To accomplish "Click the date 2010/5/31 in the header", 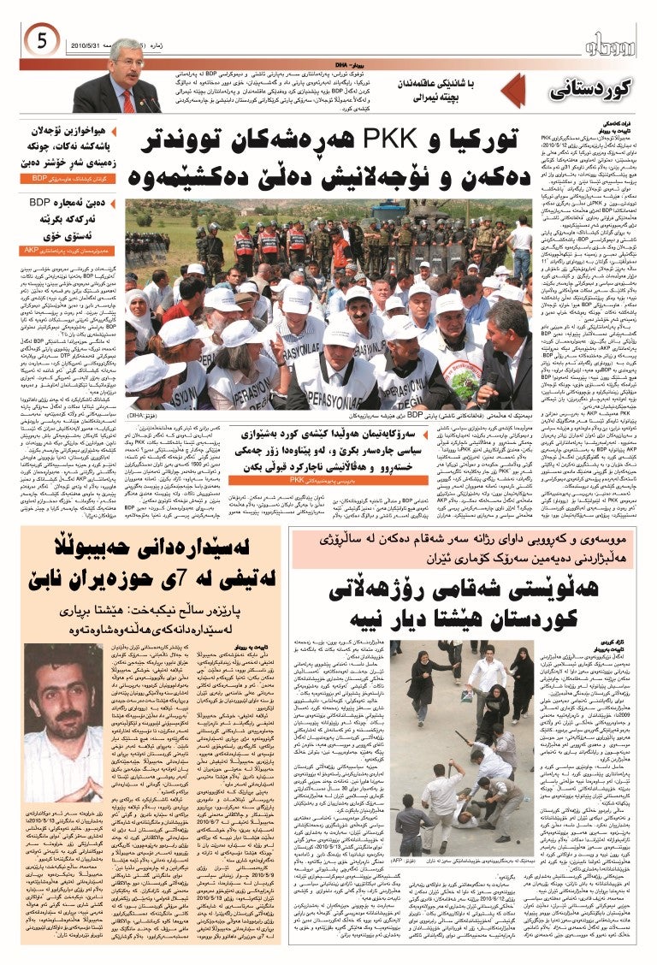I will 82,44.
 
